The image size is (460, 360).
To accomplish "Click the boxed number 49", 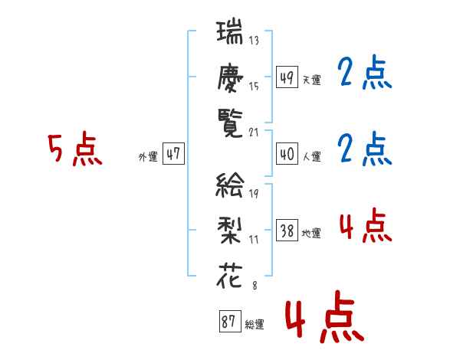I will [287, 78].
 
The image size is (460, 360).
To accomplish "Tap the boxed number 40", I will [287, 154].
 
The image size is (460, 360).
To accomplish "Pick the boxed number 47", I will [173, 154].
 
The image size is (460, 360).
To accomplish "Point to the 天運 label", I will [311, 80].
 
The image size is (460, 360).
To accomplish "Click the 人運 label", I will [311, 156].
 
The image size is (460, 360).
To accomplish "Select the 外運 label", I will [148, 156].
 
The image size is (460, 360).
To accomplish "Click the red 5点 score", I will [74, 150].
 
